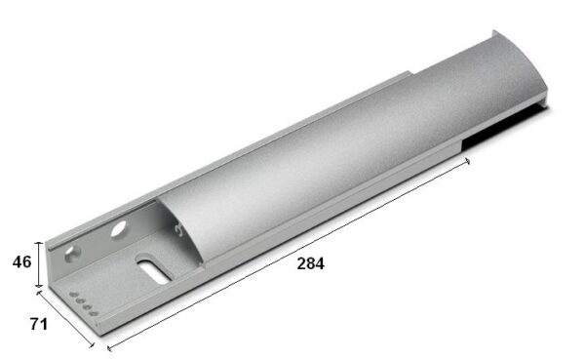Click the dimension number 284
(x=310, y=263)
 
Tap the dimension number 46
(x=22, y=261)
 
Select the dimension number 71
(x=39, y=324)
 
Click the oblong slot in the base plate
(x=153, y=269)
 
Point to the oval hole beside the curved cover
(x=119, y=228)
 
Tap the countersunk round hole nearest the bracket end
(x=72, y=254)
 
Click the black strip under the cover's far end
(x=505, y=127)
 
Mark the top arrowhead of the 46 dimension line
(x=39, y=244)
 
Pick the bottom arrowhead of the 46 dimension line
(x=39, y=285)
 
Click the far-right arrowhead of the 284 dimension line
(x=467, y=161)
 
